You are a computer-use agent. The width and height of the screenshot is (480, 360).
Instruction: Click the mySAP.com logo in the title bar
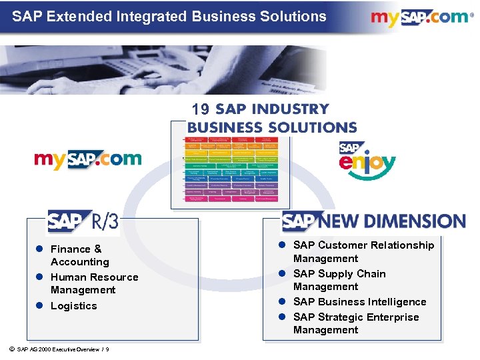click(x=419, y=17)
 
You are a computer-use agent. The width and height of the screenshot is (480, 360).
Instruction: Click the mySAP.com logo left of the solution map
click(x=87, y=159)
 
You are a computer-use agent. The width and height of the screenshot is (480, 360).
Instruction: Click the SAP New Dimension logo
click(x=373, y=221)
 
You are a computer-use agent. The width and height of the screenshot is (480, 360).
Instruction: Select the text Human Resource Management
click(x=94, y=283)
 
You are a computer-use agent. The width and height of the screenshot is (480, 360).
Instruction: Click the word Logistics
click(x=73, y=306)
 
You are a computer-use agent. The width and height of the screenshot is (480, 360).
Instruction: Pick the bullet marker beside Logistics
click(x=39, y=306)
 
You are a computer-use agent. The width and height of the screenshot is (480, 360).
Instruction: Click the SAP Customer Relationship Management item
click(x=363, y=252)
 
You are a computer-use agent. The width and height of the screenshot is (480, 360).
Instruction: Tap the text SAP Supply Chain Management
click(x=339, y=280)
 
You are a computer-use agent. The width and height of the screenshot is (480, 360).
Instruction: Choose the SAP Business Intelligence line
click(x=359, y=302)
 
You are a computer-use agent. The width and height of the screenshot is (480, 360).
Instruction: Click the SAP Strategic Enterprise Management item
click(x=356, y=323)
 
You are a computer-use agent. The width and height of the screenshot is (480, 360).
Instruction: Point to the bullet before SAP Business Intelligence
click(x=283, y=302)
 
